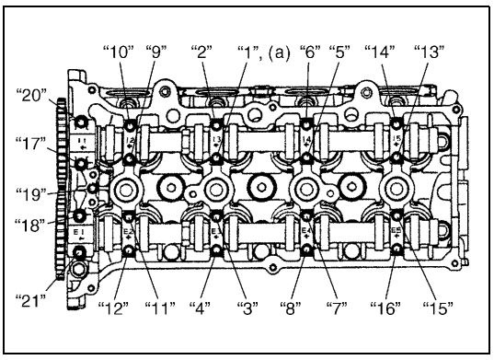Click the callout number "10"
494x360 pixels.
(119, 52)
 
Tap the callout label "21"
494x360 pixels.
(30, 301)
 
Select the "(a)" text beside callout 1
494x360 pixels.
(279, 52)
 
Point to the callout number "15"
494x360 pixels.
(438, 308)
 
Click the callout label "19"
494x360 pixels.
(31, 195)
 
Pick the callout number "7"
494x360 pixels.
(337, 308)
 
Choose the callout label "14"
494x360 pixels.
(380, 52)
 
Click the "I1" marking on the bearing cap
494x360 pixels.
(81, 140)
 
